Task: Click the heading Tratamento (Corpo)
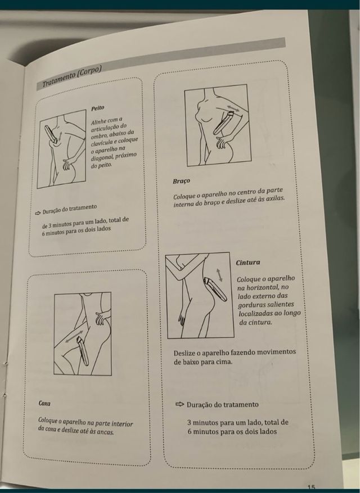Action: pyautogui.click(x=72, y=76)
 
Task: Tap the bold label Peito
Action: pyautogui.click(x=97, y=108)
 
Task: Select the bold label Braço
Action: pyautogui.click(x=181, y=181)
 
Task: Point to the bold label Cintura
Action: pyautogui.click(x=248, y=263)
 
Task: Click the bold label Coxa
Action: pyautogui.click(x=44, y=403)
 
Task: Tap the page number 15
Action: pyautogui.click(x=312, y=486)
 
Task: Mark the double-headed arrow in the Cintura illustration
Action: pyautogui.click(x=219, y=275)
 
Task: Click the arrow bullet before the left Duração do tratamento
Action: pyautogui.click(x=38, y=213)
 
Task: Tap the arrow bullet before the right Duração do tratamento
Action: pyautogui.click(x=179, y=404)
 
